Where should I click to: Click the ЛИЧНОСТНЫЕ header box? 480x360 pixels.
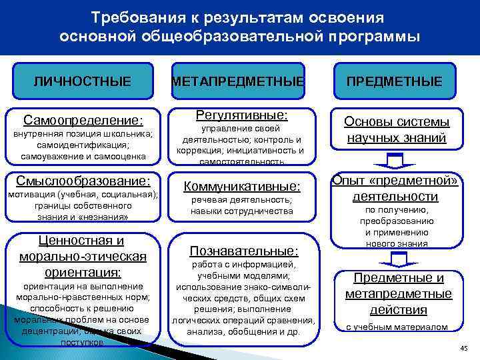83,81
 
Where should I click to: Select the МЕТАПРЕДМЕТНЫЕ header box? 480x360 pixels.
238,81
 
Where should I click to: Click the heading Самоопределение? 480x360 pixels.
83,120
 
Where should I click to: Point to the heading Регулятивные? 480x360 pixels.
241,114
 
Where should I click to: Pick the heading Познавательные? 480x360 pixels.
244,251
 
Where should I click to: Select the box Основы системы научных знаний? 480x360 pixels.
396,130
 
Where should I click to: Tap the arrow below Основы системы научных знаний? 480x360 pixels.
396,162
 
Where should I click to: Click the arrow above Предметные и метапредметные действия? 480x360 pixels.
395,258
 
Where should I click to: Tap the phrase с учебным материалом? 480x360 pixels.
397,327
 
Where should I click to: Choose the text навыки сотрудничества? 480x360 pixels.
242,211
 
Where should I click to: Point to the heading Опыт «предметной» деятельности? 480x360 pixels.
396,188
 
